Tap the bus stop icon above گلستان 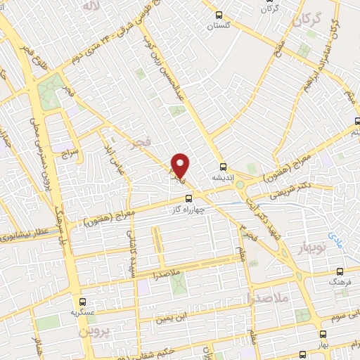[x=219, y=14]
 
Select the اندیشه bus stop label [x=224, y=178]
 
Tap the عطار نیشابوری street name [x=25, y=233]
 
